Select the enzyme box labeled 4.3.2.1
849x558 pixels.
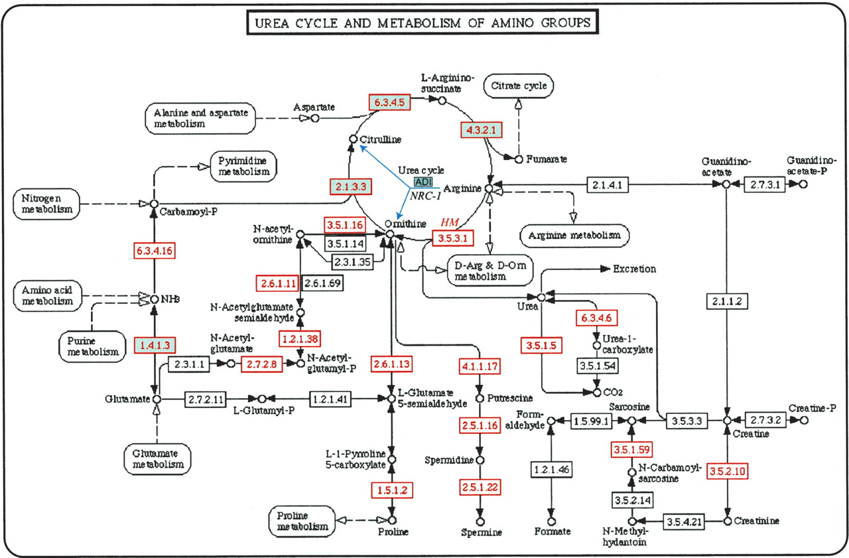[x=480, y=130]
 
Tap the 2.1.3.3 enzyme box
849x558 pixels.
[x=350, y=187]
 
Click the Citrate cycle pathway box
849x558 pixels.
[x=518, y=86]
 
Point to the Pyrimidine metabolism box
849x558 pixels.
[x=243, y=165]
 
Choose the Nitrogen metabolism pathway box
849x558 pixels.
[x=46, y=203]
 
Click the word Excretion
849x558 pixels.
[x=635, y=269]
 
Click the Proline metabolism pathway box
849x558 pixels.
[x=302, y=521]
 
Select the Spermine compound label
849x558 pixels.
[x=482, y=532]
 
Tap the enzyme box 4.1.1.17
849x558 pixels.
[x=479, y=366]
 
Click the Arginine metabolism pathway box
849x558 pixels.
[x=574, y=235]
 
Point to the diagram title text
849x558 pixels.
[x=423, y=23]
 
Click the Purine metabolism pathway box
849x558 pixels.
[x=95, y=345]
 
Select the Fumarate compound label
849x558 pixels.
[x=547, y=159]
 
